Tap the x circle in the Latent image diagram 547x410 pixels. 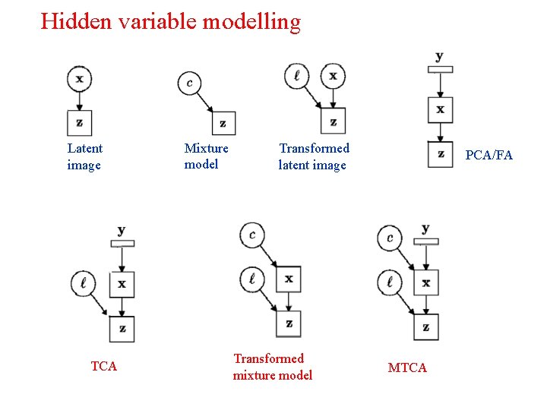[79, 78]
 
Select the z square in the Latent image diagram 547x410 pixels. [80, 122]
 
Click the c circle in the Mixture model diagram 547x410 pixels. [189, 83]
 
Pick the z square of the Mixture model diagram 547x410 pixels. [223, 123]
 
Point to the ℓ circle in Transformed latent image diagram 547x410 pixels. [296, 77]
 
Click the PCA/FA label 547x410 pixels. [489, 155]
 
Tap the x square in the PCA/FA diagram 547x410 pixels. [440, 110]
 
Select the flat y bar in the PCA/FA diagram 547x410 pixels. [440, 70]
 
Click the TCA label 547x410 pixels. [104, 366]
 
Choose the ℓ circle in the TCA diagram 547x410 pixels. [83, 284]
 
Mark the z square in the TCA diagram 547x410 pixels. [122, 329]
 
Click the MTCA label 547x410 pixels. [407, 367]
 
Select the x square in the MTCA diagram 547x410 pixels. [425, 283]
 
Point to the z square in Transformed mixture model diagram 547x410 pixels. [288, 323]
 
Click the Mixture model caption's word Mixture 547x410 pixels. [206, 148]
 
